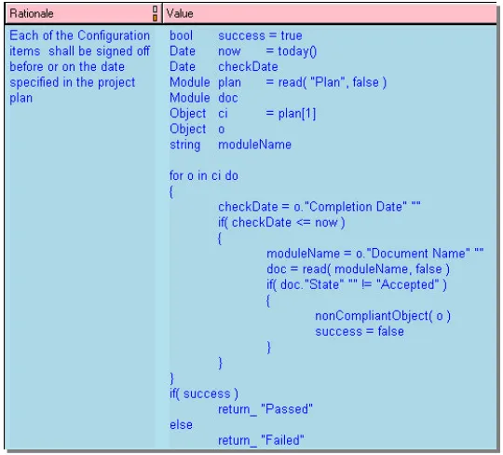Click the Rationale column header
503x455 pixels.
click(x=32, y=13)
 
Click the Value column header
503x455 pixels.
click(x=180, y=13)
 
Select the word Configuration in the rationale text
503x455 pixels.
click(x=114, y=36)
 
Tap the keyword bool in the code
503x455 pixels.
click(x=181, y=35)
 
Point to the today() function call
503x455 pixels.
click(x=297, y=51)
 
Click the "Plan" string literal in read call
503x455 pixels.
click(x=325, y=83)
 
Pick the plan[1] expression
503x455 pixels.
click(x=297, y=114)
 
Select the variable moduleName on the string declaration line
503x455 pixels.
click(x=254, y=145)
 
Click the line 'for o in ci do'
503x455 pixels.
click(x=204, y=176)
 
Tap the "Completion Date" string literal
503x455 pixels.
click(x=356, y=207)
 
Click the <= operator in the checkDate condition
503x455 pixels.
click(x=303, y=223)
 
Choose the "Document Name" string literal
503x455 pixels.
click(x=418, y=254)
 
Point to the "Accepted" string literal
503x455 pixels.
click(x=407, y=284)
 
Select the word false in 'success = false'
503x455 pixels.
click(x=390, y=331)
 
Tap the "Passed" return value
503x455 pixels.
click(x=287, y=409)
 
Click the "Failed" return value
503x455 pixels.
click(x=282, y=441)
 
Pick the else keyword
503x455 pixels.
click(x=181, y=425)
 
